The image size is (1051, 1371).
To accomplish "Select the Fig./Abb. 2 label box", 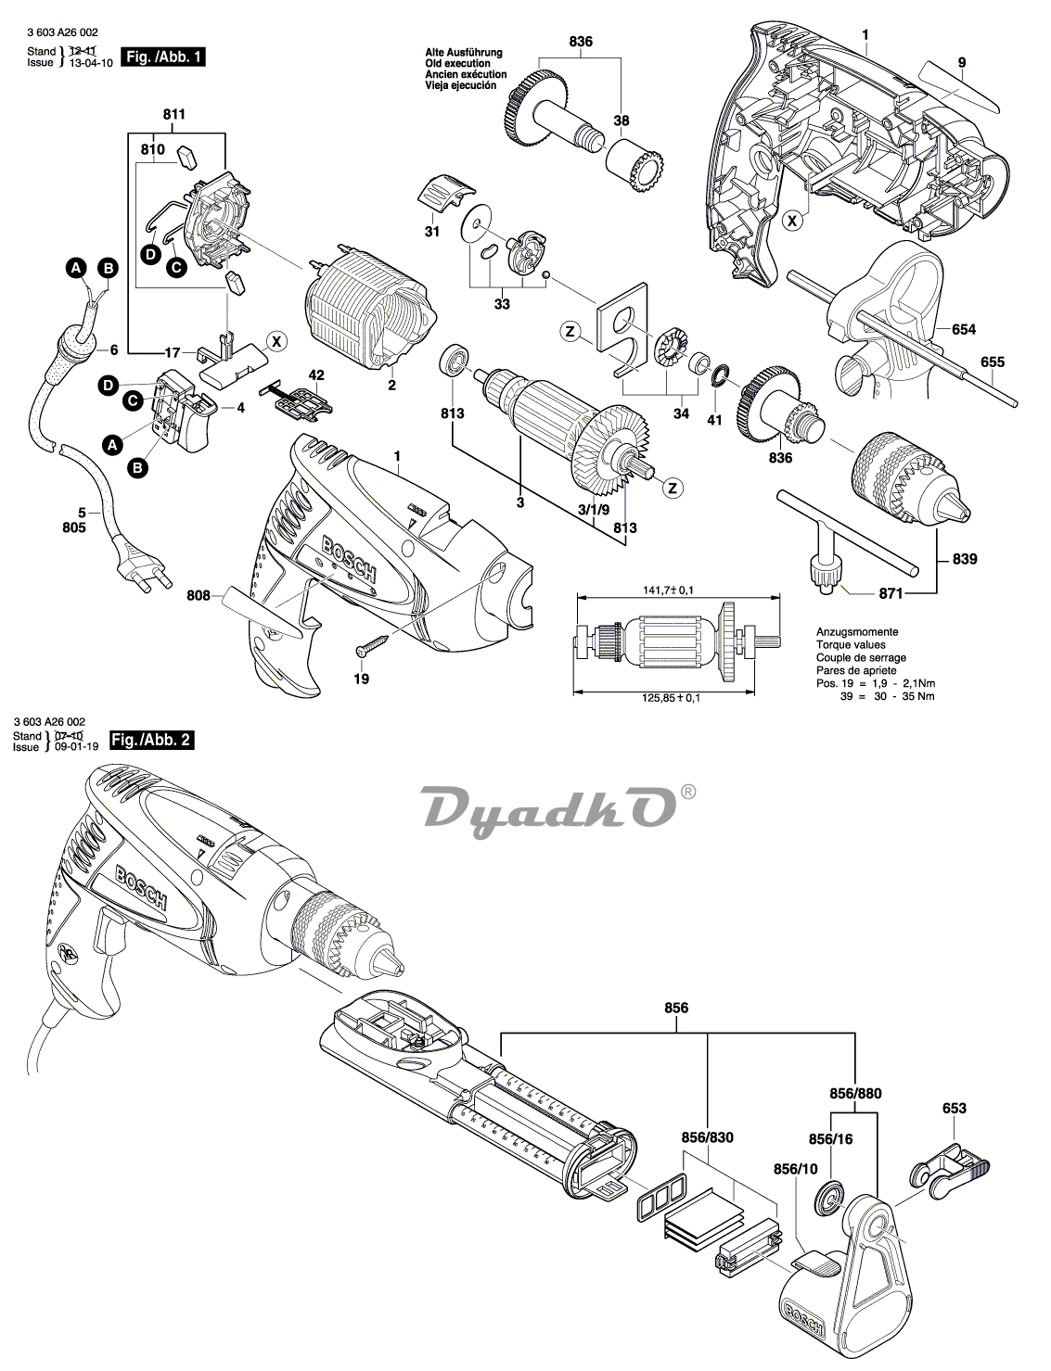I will click(152, 740).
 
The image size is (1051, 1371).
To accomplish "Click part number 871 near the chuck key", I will click(866, 591).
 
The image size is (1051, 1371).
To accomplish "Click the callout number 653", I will click(954, 1108).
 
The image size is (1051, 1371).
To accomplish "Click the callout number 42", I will click(316, 375).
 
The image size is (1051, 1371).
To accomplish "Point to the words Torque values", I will click(850, 644).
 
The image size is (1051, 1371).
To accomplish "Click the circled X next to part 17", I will click(276, 341).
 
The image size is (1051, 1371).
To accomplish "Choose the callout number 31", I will click(431, 231).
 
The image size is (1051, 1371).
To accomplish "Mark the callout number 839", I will click(964, 559).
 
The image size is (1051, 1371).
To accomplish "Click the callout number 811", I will click(173, 114).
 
